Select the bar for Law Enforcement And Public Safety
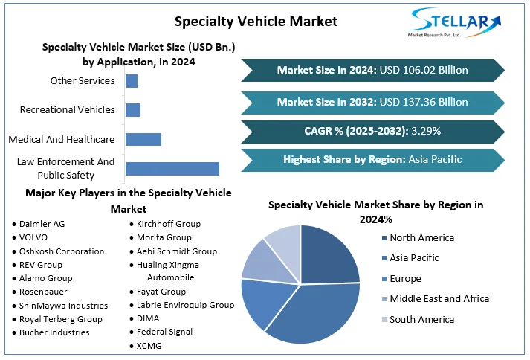point(172,168)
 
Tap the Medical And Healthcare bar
point(143,139)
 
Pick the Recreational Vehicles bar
point(133,110)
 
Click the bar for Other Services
point(132,80)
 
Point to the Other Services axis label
point(83,80)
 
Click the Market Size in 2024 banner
point(372,70)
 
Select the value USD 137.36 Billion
point(424,102)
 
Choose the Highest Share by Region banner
point(372,159)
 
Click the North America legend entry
point(421,238)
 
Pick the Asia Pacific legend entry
point(414,258)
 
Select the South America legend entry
point(421,319)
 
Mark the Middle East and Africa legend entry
point(439,298)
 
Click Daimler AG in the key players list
point(42,224)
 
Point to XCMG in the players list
point(149,346)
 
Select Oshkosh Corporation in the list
point(62,251)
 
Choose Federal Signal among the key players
point(164,332)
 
